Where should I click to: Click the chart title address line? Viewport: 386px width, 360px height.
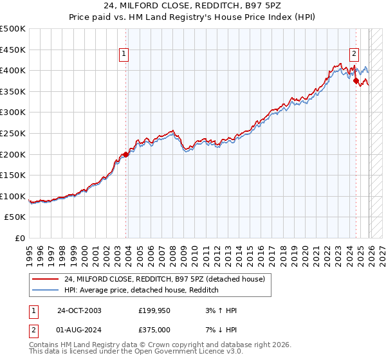(x=192, y=8)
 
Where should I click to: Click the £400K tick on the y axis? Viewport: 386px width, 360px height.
(x=13, y=70)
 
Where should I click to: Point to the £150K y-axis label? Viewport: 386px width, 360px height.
(x=13, y=175)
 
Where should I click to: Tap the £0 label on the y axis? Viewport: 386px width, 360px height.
(x=19, y=239)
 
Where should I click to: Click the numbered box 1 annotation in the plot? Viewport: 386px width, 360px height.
(x=124, y=55)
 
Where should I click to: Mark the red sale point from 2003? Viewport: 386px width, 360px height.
(x=126, y=154)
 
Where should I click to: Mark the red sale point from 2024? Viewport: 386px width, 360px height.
(x=356, y=81)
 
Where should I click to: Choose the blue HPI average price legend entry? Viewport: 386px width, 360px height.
(x=142, y=291)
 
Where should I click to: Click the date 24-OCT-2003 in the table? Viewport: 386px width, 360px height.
(x=78, y=310)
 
